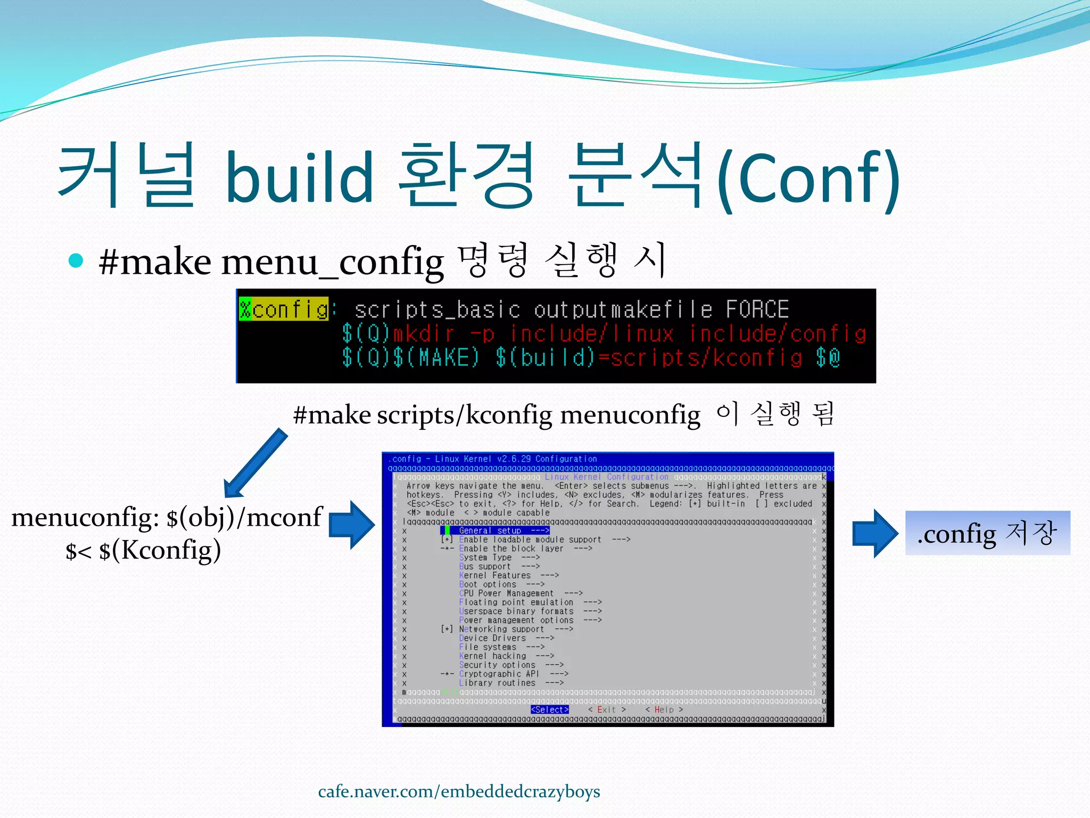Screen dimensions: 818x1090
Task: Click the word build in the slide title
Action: click(299, 177)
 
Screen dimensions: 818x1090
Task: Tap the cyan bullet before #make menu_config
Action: click(76, 260)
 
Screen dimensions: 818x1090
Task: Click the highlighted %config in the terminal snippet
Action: click(284, 309)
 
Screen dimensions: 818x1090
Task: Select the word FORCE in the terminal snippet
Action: click(757, 309)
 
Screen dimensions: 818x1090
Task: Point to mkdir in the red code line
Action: click(424, 334)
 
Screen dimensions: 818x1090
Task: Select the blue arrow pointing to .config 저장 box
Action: click(874, 533)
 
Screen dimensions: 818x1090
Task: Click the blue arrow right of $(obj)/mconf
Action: click(351, 525)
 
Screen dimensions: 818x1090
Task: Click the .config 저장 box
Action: click(987, 533)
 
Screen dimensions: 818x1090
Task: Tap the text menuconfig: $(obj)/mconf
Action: click(167, 517)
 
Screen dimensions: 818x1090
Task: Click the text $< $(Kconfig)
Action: click(143, 550)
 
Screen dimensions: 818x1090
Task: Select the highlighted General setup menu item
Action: click(495, 530)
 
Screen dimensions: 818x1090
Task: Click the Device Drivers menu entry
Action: click(492, 638)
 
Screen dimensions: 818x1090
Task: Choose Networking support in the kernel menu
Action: click(501, 629)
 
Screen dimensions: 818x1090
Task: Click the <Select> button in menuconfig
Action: click(549, 709)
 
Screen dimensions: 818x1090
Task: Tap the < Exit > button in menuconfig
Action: click(606, 709)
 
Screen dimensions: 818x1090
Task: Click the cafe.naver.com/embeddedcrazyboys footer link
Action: click(459, 791)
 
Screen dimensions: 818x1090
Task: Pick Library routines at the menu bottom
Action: click(497, 683)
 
